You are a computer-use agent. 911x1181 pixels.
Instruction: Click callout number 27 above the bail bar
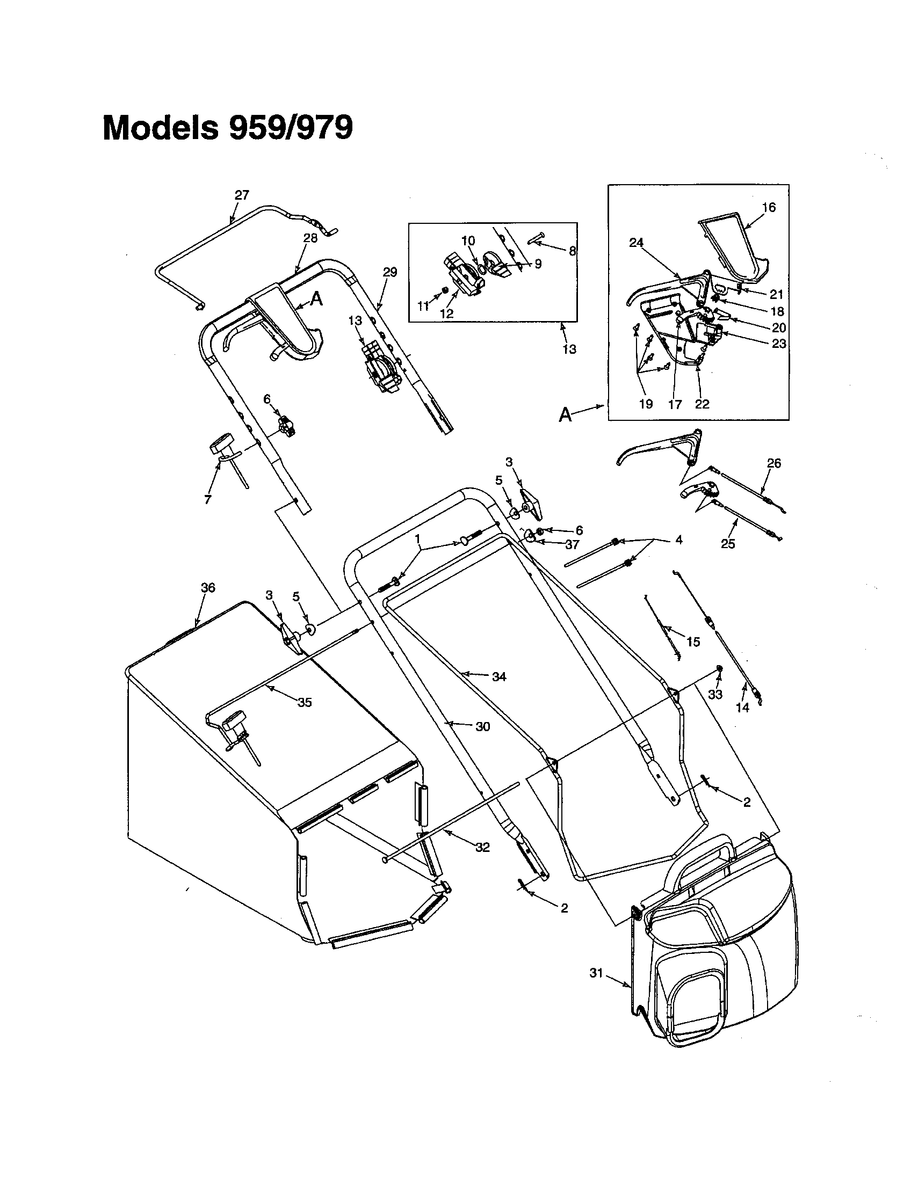[242, 195]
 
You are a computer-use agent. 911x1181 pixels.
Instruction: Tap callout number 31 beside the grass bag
[596, 973]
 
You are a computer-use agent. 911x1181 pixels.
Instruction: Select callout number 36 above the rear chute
[208, 587]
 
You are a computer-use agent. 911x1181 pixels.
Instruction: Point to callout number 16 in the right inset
[769, 207]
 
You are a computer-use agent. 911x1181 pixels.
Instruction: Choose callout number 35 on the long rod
[305, 703]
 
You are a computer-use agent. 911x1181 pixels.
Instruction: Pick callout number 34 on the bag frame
[499, 676]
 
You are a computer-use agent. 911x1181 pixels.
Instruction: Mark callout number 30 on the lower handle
[482, 727]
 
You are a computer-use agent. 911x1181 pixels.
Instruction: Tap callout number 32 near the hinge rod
[482, 847]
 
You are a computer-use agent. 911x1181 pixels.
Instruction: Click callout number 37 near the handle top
[572, 545]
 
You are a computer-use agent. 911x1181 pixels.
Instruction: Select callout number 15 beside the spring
[693, 642]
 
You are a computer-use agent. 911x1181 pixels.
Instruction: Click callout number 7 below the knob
[208, 500]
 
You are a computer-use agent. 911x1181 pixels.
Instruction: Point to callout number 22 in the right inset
[702, 404]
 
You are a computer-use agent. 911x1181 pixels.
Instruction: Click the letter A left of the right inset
[565, 415]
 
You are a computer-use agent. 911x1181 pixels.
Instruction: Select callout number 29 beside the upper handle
[389, 272]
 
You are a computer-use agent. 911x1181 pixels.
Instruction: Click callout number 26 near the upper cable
[774, 463]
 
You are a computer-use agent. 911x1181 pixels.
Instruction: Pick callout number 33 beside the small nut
[715, 694]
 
